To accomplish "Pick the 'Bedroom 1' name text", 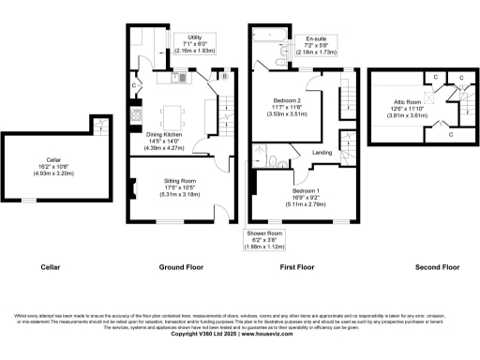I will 305,191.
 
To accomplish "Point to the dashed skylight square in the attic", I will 426,95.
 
